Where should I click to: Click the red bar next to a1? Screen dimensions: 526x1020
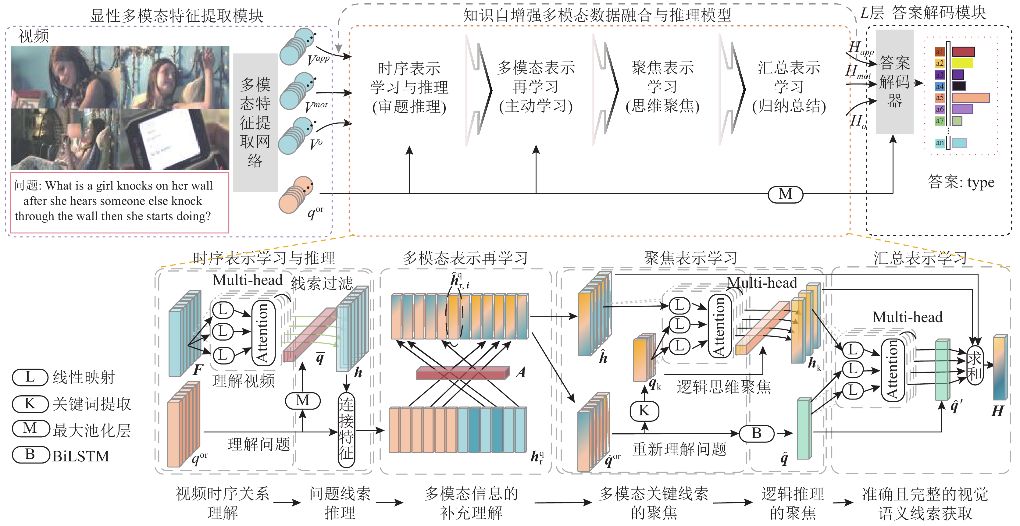963,52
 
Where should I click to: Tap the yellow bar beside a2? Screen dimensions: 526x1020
962,63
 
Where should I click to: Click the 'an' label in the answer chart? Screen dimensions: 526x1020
940,143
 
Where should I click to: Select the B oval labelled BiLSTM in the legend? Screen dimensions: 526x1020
30,455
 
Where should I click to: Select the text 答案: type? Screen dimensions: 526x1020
961,182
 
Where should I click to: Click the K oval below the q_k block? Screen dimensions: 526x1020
644,411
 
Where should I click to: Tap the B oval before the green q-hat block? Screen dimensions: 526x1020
756,433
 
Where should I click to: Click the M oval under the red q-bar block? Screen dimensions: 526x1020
303,400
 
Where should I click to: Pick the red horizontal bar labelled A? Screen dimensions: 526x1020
462,373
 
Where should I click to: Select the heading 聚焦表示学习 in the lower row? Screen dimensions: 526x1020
691,258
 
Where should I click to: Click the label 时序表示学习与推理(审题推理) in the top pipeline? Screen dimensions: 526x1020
409,87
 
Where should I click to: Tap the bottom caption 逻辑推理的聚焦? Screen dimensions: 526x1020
793,503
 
